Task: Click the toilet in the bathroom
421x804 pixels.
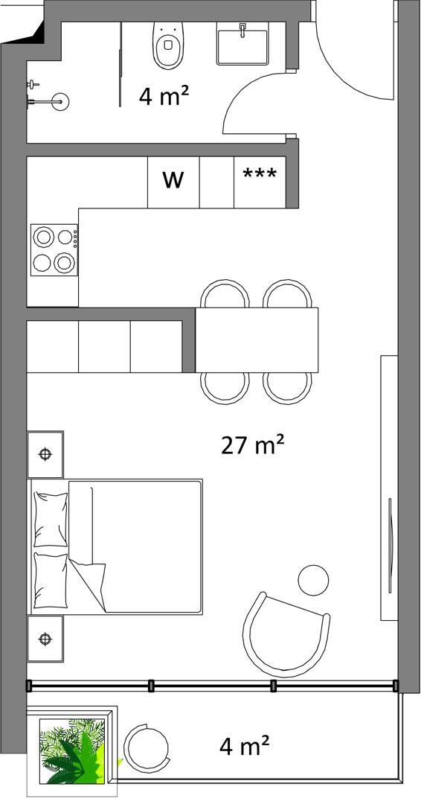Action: click(x=168, y=45)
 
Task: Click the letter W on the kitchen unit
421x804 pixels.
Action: click(x=173, y=180)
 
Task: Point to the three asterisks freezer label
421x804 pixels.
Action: click(x=260, y=174)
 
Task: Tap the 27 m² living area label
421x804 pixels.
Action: click(x=252, y=445)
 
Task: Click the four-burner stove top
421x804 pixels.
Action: click(x=54, y=249)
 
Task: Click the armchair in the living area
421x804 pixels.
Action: click(x=285, y=635)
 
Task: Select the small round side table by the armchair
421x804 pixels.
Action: click(x=313, y=581)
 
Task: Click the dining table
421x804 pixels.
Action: click(x=257, y=339)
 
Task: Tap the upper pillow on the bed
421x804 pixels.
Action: click(x=51, y=520)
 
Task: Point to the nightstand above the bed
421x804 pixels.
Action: click(x=45, y=454)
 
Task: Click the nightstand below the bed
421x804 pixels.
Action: click(x=45, y=639)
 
